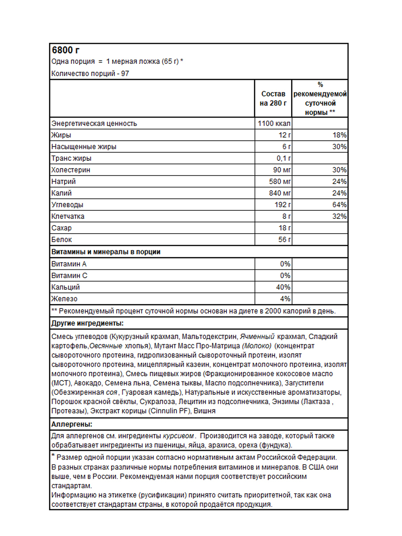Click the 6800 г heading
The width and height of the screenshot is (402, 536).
click(66, 50)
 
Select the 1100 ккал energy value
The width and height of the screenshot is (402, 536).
click(274, 123)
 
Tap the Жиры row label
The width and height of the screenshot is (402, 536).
click(61, 135)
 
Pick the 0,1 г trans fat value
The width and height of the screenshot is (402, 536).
click(283, 158)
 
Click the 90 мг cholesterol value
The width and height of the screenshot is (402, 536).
click(282, 170)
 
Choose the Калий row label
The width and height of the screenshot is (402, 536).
click(62, 193)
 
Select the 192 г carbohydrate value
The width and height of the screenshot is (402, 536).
click(283, 205)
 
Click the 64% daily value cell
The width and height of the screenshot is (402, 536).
click(340, 205)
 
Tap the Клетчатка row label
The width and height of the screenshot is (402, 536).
click(67, 216)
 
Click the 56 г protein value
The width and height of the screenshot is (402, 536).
click(285, 239)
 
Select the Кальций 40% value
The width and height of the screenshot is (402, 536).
click(284, 287)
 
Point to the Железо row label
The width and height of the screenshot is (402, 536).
click(64, 298)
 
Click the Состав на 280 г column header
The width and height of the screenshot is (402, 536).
click(273, 99)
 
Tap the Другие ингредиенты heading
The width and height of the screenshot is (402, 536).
click(88, 323)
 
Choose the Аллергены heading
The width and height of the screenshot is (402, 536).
click(72, 424)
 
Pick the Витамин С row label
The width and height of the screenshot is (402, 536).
click(69, 275)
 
